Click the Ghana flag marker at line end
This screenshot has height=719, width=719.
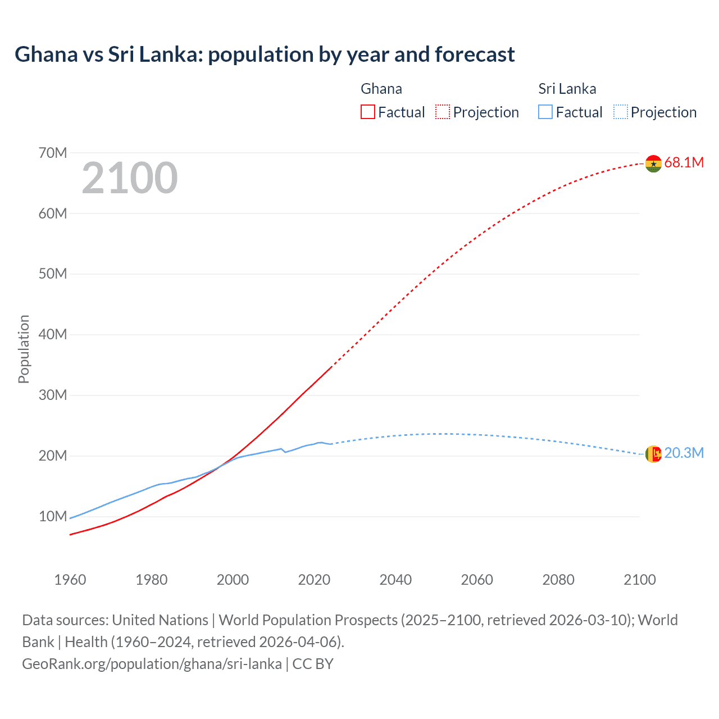point(653,163)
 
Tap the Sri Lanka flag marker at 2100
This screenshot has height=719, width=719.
point(653,454)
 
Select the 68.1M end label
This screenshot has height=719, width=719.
point(684,163)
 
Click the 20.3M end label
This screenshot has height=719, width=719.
point(684,453)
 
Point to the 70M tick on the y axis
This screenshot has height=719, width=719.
point(53,153)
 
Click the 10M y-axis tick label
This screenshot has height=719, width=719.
point(53,516)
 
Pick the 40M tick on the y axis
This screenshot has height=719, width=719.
point(53,335)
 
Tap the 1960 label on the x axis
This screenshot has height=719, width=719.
point(70,580)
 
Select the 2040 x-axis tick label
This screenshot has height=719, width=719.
point(395,580)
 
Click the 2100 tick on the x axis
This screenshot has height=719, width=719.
point(639,580)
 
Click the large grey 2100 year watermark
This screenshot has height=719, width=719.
point(130,178)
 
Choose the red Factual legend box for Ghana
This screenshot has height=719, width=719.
point(367,112)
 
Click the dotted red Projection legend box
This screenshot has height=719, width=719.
point(443,112)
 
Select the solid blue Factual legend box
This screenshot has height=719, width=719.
point(545,112)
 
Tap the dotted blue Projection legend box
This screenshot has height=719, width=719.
point(621,112)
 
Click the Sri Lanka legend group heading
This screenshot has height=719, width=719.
point(567,89)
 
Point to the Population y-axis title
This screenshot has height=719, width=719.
point(24,349)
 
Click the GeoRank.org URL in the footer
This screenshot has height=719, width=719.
point(152,664)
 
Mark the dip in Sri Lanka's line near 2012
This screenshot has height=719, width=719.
point(285,452)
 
